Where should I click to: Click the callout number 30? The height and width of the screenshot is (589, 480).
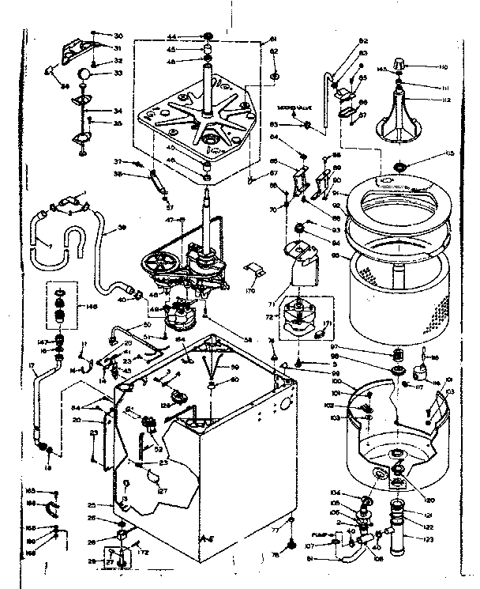[x=118, y=36]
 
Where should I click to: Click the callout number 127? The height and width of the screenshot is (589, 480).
[x=163, y=490]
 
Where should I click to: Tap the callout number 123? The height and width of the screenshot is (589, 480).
[x=429, y=539]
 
